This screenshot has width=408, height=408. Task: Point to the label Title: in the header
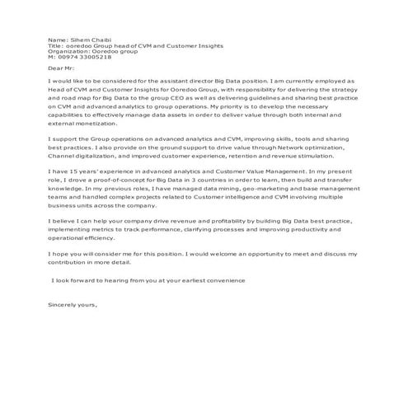(56, 45)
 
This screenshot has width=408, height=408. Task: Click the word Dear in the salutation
(57, 69)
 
